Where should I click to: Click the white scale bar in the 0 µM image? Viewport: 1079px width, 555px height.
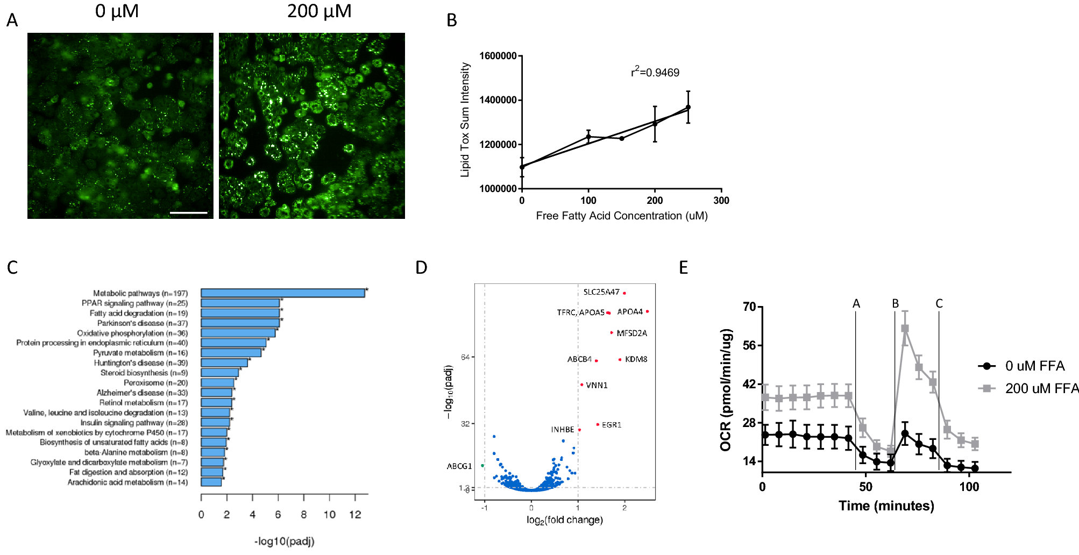[188, 213]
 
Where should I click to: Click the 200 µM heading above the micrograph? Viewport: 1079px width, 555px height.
[319, 11]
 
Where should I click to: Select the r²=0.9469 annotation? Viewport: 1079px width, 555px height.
[655, 72]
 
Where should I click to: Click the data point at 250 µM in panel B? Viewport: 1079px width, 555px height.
[688, 107]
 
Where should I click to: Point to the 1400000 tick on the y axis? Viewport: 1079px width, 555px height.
[498, 100]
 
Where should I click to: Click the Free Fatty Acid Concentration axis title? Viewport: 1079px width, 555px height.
[621, 216]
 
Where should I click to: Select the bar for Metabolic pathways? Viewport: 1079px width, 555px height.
[282, 293]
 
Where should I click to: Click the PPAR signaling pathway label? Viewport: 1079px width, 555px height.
[134, 303]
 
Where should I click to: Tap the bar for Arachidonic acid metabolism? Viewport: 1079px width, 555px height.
[211, 482]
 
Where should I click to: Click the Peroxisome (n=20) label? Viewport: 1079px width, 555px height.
[155, 383]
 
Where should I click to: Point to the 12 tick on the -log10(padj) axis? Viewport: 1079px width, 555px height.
[355, 515]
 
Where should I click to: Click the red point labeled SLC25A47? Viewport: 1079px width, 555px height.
[624, 293]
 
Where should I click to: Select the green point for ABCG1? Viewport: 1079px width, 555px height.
[482, 466]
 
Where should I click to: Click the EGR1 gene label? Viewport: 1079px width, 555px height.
[612, 425]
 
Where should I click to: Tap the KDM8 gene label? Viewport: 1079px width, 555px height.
[636, 359]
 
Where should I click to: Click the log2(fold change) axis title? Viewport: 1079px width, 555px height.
[564, 520]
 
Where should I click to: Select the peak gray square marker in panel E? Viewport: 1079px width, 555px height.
[905, 329]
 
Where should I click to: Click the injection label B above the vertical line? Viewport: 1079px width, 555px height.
[896, 304]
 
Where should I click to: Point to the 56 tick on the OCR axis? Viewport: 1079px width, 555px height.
[749, 345]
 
